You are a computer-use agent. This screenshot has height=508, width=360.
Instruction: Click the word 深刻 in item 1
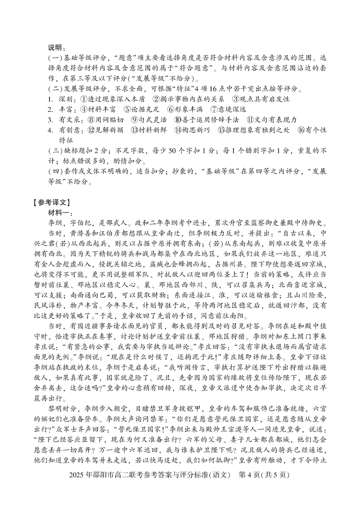(66, 99)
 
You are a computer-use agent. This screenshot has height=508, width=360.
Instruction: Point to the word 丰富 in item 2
(66, 109)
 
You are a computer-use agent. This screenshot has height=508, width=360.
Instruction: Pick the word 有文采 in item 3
(69, 120)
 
